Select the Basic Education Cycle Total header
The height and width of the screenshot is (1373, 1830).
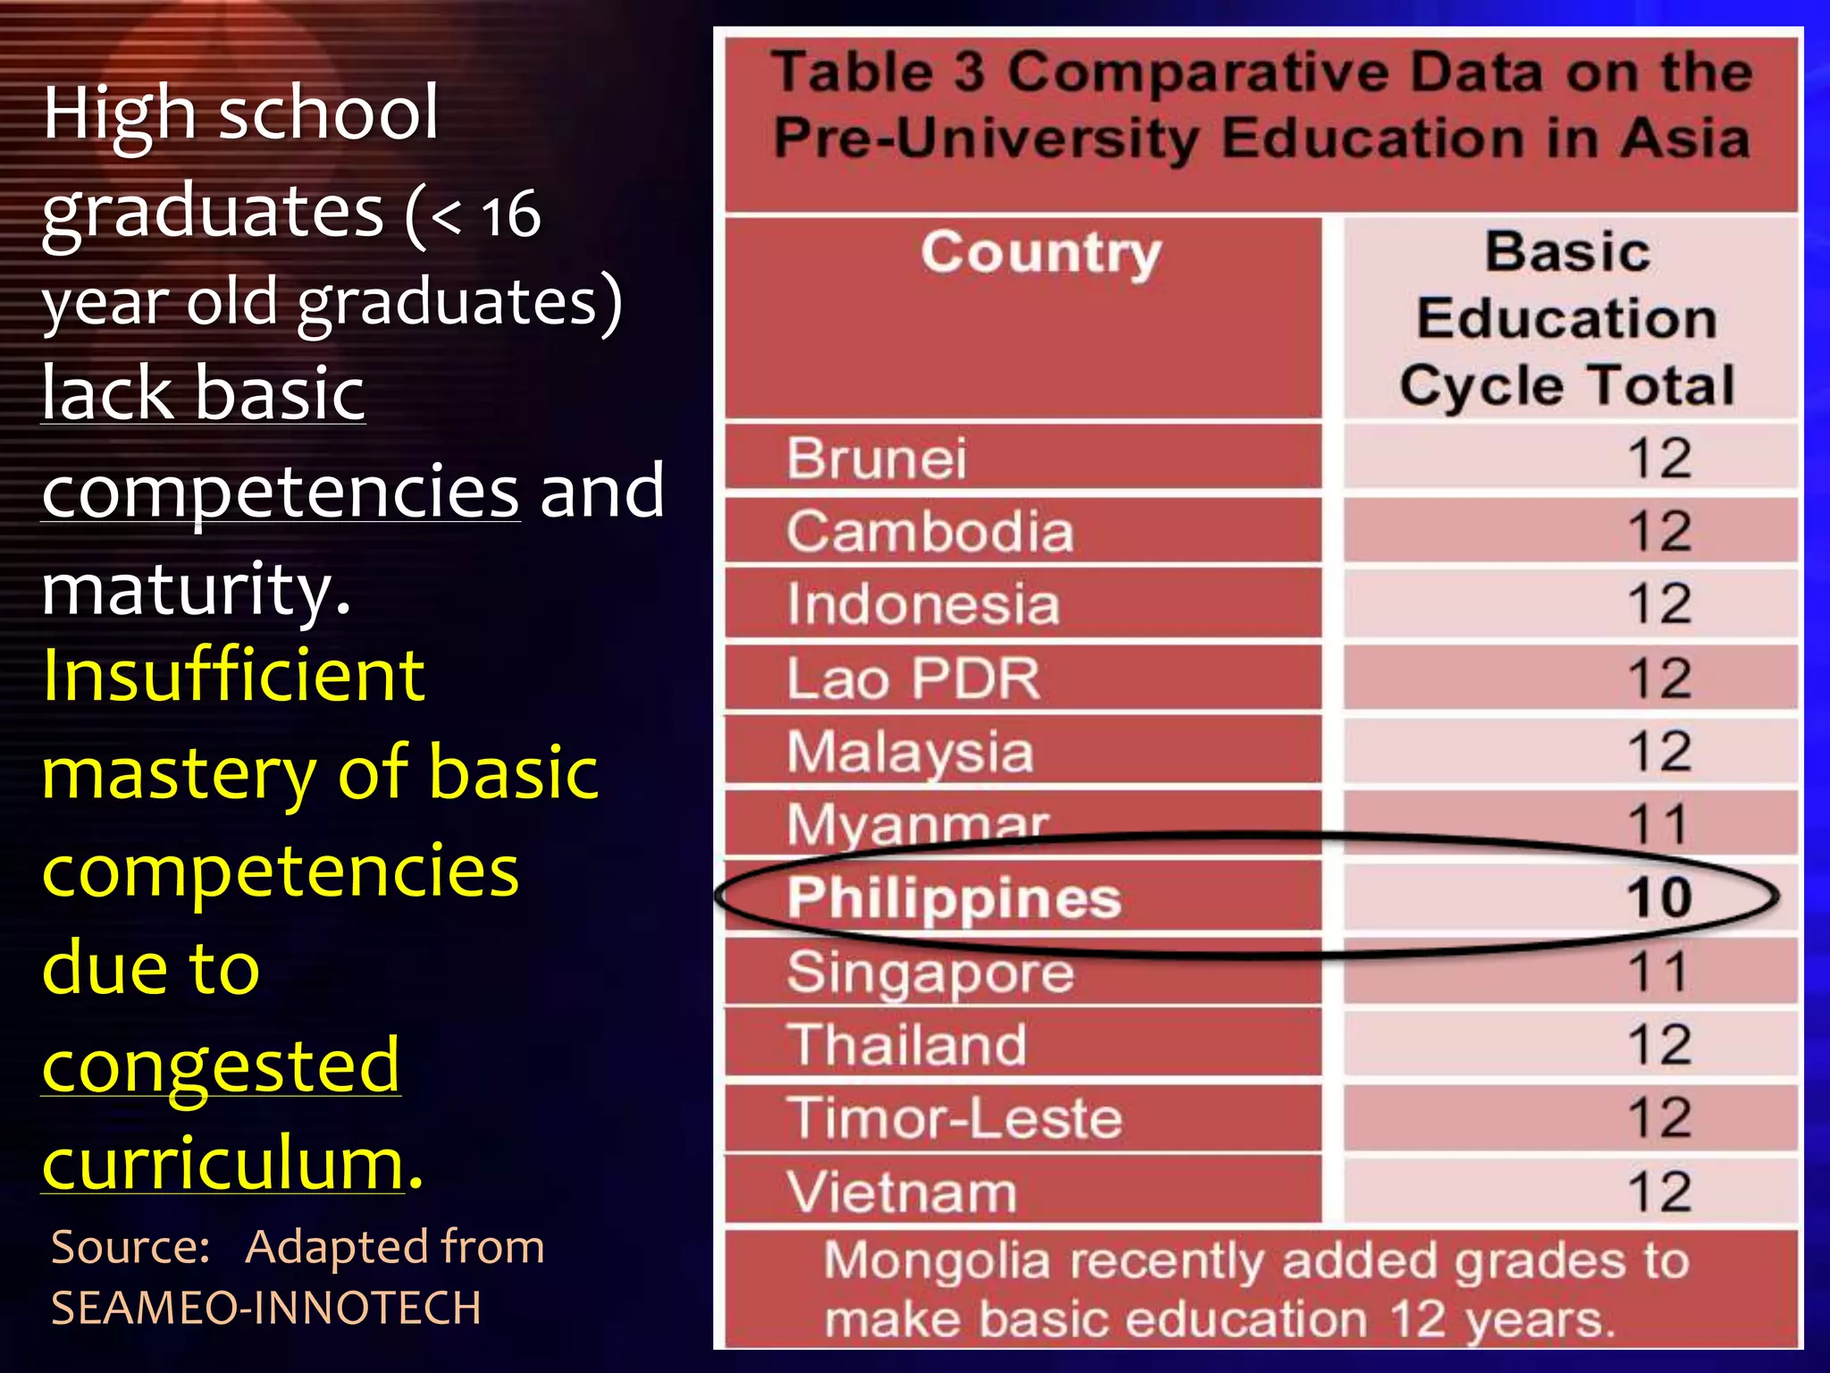click(x=1567, y=319)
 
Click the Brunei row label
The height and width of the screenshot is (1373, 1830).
click(x=877, y=459)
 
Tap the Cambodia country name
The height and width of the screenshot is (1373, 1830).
click(x=929, y=532)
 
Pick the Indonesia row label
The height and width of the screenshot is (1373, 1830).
click(x=923, y=604)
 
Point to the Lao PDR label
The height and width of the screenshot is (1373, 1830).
click(x=913, y=678)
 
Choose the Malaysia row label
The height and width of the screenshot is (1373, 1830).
click(x=910, y=752)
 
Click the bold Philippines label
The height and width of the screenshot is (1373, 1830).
click(x=953, y=897)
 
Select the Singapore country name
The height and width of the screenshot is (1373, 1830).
click(x=930, y=972)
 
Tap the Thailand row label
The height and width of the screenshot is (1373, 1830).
click(x=906, y=1045)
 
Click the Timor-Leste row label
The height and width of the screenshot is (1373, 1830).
click(x=953, y=1118)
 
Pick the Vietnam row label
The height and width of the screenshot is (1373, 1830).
click(x=902, y=1192)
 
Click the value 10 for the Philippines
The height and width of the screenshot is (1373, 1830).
click(x=1659, y=897)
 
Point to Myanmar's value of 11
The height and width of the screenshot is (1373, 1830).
click(x=1658, y=823)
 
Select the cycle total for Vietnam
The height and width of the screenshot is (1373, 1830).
click(x=1659, y=1192)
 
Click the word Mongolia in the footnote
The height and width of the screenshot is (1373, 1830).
click(x=936, y=1261)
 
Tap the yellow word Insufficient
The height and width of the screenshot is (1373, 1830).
click(x=233, y=675)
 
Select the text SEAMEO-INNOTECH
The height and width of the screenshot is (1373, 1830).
click(x=266, y=1308)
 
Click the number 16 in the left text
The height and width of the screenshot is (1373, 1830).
click(x=510, y=215)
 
